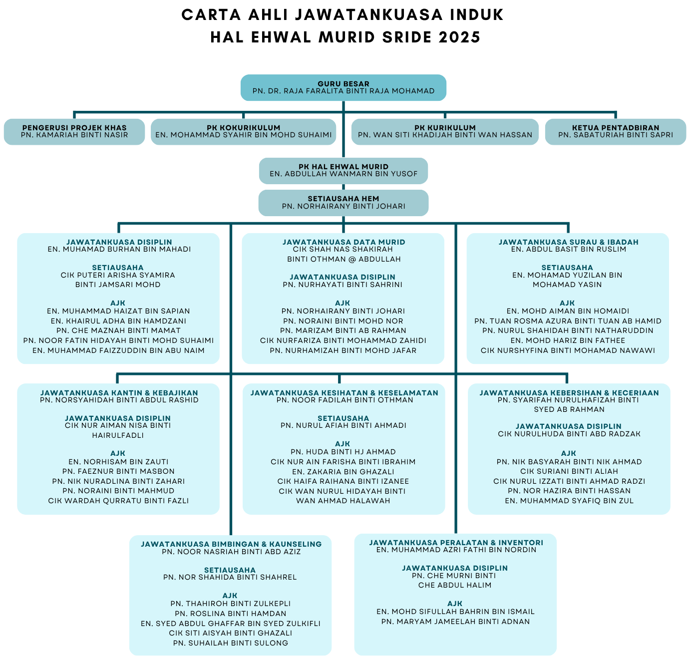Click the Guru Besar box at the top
point(343,87)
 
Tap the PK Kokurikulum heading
point(243,127)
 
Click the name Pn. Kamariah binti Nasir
point(74,135)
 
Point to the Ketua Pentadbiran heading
point(615,127)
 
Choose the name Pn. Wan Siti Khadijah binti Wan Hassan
point(445,135)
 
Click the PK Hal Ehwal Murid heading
point(343,166)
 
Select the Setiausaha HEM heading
point(343,199)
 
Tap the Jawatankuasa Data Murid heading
point(344,242)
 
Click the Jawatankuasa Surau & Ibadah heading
point(568,242)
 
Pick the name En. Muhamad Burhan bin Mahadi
point(119,249)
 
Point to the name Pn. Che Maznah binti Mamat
point(118,331)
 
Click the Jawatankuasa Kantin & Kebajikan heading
point(119,392)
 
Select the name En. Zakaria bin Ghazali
point(343,472)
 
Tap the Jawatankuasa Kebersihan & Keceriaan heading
point(569,392)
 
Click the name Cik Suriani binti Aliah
point(569,471)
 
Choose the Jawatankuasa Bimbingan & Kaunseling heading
point(231,544)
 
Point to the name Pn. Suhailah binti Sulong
point(230,643)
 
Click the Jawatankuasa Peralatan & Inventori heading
point(456,543)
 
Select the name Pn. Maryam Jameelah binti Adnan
point(455,622)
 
